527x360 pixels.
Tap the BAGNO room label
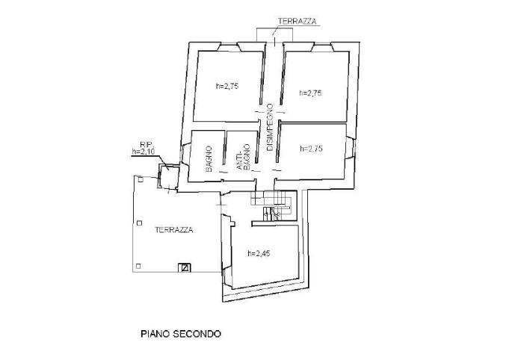tap(210, 158)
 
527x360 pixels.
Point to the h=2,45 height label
tap(257, 253)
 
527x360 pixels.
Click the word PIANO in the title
tap(156, 334)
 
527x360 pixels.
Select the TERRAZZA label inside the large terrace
tap(174, 230)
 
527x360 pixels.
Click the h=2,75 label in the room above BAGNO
tap(226, 86)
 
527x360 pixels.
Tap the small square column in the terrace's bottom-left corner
tap(138, 266)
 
